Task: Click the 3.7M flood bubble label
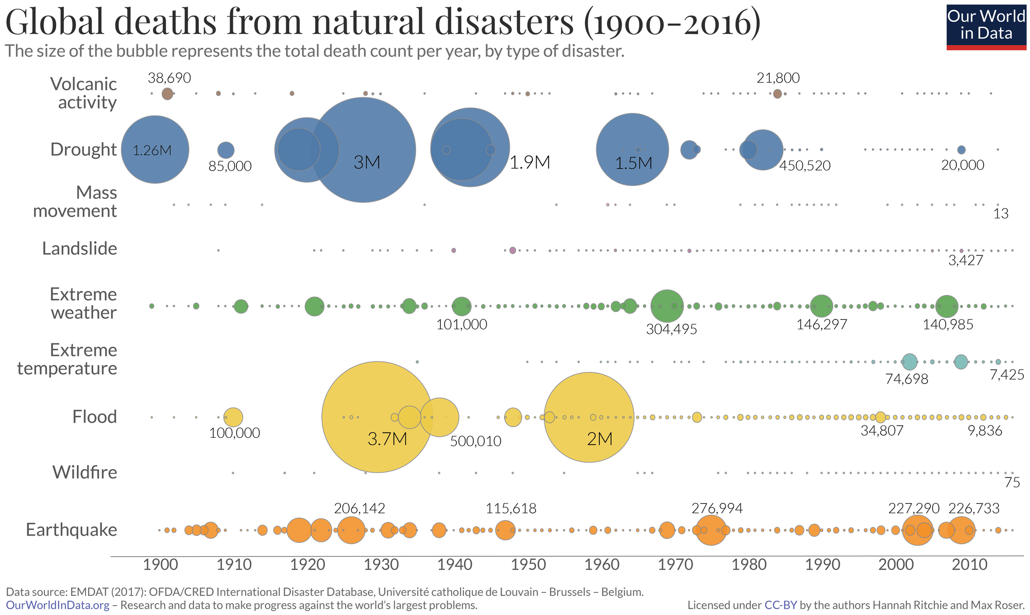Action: click(x=387, y=439)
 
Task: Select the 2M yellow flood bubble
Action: click(x=589, y=417)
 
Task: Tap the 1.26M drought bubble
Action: click(x=154, y=150)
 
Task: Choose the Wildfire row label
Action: click(x=84, y=472)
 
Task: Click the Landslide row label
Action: click(x=79, y=249)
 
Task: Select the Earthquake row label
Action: click(x=72, y=529)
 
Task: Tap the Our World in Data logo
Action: click(x=986, y=26)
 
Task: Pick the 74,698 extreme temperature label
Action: click(x=906, y=379)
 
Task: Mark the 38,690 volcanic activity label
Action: click(x=169, y=78)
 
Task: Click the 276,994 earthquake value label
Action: click(x=717, y=509)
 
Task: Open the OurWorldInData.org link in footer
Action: click(x=57, y=605)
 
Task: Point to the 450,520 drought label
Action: click(x=805, y=165)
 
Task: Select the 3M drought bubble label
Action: click(x=367, y=163)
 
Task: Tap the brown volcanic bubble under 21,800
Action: click(x=777, y=94)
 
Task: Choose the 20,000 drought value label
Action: click(x=962, y=165)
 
